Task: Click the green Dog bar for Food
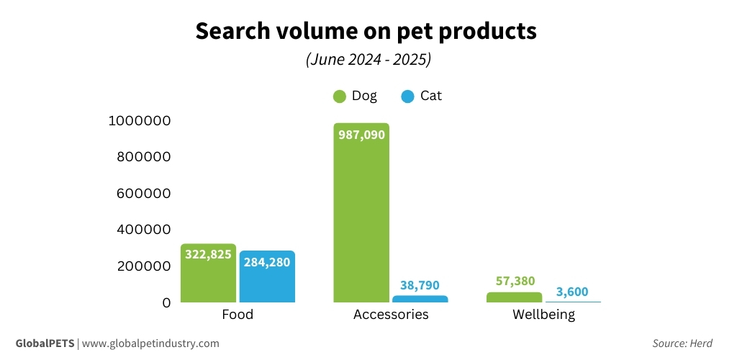(x=208, y=277)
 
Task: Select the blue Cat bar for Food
(x=267, y=281)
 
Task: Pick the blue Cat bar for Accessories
(x=420, y=298)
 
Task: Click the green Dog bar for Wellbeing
(x=514, y=297)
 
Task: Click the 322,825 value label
(x=208, y=255)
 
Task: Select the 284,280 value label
(x=267, y=261)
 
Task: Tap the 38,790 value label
(x=420, y=285)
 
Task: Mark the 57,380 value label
(x=514, y=282)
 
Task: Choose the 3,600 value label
(x=572, y=292)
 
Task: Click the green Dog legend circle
(x=340, y=96)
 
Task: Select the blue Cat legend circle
(x=407, y=96)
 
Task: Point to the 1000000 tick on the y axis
(x=139, y=121)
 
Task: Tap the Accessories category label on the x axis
(x=391, y=315)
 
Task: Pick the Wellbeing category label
(x=543, y=315)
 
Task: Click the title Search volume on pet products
(x=366, y=32)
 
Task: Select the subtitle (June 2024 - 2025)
(x=368, y=60)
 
